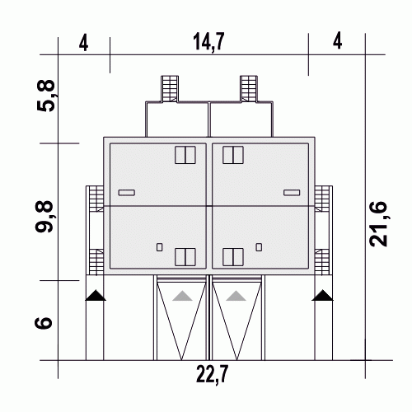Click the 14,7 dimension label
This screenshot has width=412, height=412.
click(x=208, y=42)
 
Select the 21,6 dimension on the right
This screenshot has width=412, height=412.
click(x=377, y=224)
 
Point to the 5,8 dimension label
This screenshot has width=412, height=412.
click(x=45, y=96)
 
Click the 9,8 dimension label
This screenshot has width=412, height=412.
click(x=44, y=217)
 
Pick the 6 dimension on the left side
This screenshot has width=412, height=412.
click(x=44, y=323)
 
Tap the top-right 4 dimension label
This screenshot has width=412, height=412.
click(x=337, y=40)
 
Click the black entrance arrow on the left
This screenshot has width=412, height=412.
click(x=96, y=295)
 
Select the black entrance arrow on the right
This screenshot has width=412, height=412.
click(x=322, y=295)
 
